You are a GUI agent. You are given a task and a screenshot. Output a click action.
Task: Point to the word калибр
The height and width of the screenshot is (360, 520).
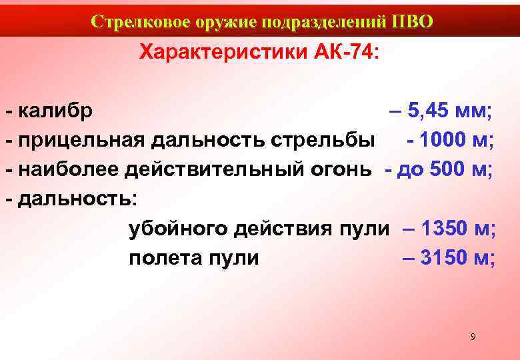55,110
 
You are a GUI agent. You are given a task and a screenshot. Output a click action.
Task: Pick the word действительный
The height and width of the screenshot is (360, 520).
215,169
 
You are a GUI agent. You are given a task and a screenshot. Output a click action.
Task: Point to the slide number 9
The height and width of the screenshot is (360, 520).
473,337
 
